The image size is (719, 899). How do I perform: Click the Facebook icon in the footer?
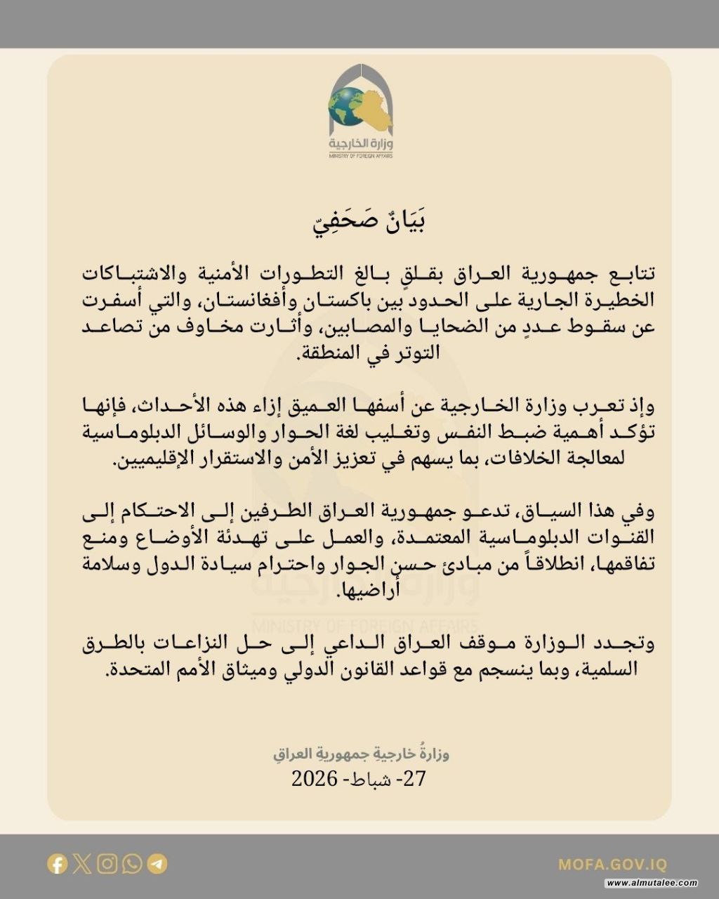point(57,863)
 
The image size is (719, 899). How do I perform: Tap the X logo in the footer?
point(82,863)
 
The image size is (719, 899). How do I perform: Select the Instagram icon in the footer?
point(107,863)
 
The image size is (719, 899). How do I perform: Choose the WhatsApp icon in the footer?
point(132,863)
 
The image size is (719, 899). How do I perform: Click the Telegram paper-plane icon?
point(157,863)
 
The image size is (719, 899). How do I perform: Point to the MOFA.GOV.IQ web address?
point(613,865)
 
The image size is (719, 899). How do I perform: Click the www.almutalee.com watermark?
point(652,884)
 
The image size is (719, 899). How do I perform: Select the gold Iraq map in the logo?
point(376,109)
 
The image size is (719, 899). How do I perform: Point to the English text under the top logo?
point(360,155)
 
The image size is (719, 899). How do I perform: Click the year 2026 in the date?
point(314,778)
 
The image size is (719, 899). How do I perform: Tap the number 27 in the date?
point(416,778)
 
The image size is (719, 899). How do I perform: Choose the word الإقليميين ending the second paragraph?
point(157,462)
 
